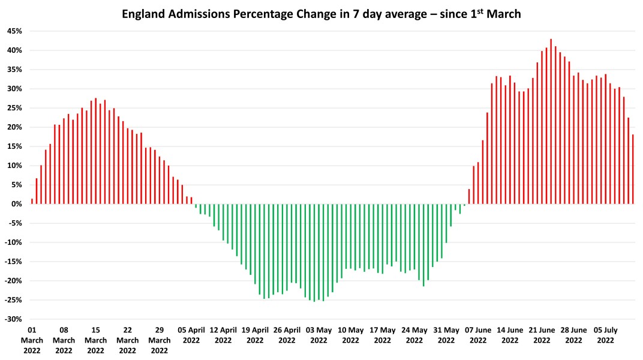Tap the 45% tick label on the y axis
point(14,31)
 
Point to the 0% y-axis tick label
point(17,204)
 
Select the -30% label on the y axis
point(13,319)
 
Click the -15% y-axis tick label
point(13,262)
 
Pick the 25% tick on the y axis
point(14,108)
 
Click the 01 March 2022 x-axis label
point(32,340)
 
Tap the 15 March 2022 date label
point(96,340)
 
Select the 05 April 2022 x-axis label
point(191,335)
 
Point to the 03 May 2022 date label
point(319,335)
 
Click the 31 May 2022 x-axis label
point(446,335)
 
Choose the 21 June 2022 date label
point(542,335)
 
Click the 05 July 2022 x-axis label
point(605,335)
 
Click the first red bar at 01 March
point(32,202)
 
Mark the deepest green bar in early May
point(314,253)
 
